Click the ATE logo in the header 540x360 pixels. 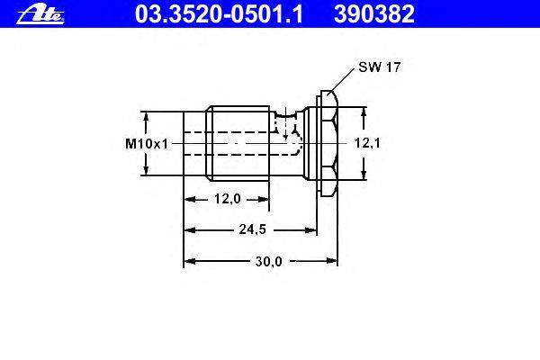tap(40, 15)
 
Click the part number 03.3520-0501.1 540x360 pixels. tap(219, 14)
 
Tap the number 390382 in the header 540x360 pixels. tap(374, 14)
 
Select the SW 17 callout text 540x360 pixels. tap(380, 67)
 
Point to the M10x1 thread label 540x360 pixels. tap(147, 144)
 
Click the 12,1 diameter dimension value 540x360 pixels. tap(367, 143)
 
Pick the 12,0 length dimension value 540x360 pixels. tap(228, 199)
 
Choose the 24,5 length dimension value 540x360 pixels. tap(252, 229)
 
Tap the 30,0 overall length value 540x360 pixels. tap(268, 262)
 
